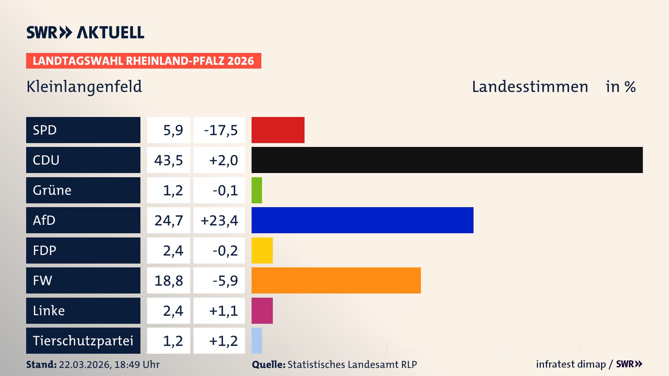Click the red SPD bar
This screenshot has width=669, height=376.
[278, 130]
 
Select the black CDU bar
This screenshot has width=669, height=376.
[447, 160]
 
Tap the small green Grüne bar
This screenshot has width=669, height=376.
[256, 190]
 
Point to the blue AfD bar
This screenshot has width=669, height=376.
[362, 220]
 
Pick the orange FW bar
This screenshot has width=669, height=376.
[336, 280]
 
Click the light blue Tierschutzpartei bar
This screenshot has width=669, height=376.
[256, 340]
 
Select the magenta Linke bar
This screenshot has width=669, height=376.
[262, 311]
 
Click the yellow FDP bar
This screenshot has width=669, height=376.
[262, 250]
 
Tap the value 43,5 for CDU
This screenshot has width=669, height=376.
[169, 160]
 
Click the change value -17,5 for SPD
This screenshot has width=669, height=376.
[221, 130]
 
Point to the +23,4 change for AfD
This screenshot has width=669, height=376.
[219, 220]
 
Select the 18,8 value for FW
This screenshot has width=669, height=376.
[169, 281]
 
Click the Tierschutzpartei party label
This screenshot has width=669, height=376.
[83, 340]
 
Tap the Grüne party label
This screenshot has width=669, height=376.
[52, 190]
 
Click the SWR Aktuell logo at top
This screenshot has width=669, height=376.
[85, 32]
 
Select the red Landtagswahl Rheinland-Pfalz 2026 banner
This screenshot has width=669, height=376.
[144, 61]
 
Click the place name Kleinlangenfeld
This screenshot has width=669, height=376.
[84, 86]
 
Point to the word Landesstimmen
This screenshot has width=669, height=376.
[530, 86]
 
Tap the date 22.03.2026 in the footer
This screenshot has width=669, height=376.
[84, 365]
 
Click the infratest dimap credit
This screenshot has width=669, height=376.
[571, 364]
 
